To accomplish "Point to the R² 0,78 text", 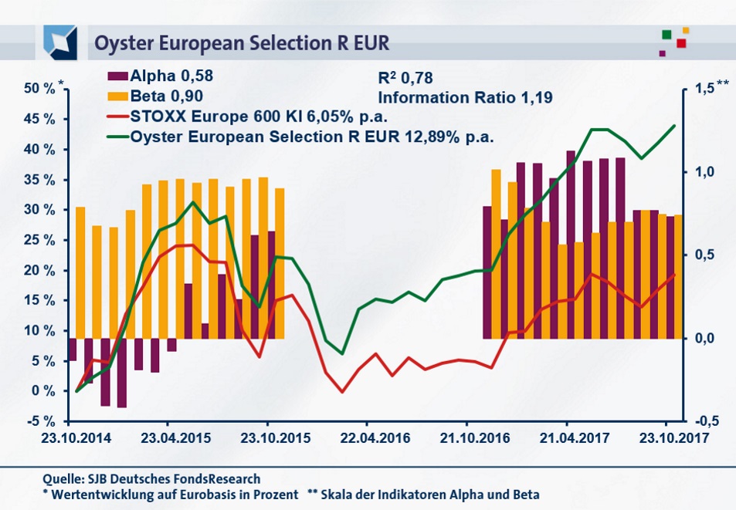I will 405,77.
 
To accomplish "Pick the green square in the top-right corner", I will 666,35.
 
